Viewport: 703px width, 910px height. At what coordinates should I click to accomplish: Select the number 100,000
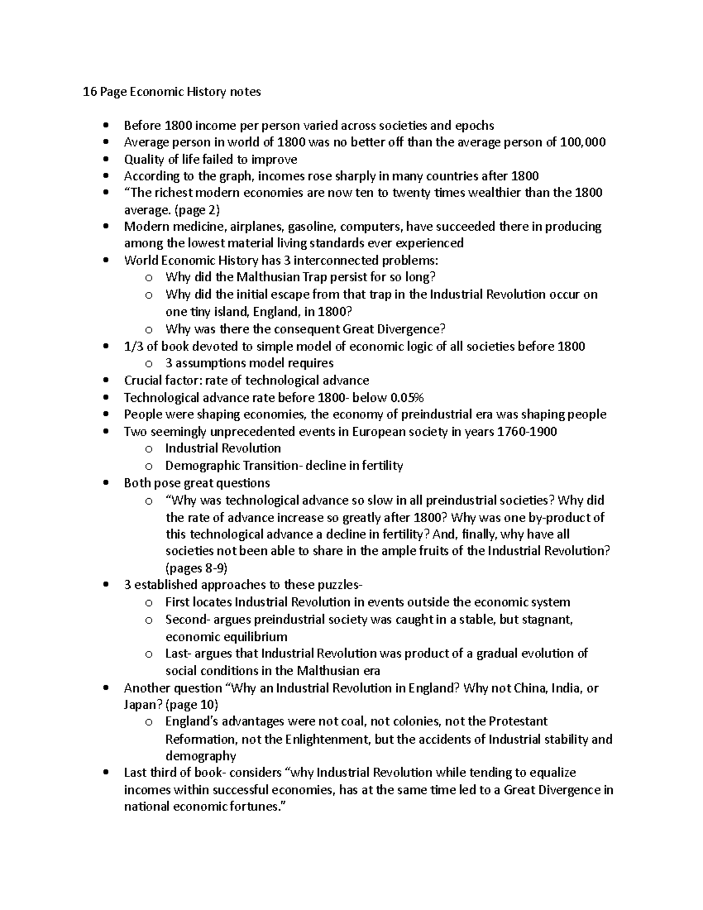[x=583, y=142]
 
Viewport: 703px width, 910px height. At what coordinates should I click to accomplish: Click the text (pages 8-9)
[x=197, y=568]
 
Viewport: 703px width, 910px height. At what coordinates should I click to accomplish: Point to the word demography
[x=201, y=756]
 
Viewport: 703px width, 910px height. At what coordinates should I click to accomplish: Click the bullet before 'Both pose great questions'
[x=105, y=483]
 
